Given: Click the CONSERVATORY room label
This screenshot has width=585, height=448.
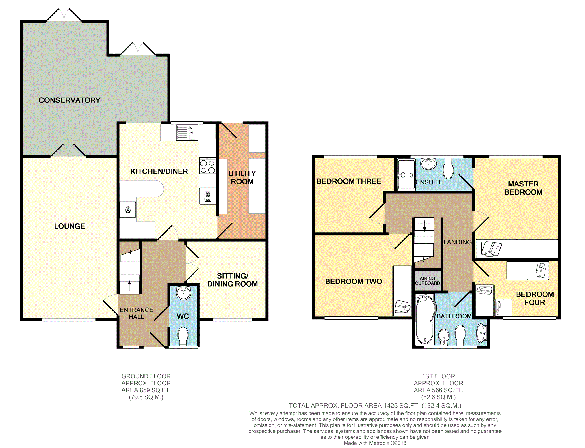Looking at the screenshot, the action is (x=69, y=100).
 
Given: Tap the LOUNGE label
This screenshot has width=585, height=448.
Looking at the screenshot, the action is (x=70, y=226).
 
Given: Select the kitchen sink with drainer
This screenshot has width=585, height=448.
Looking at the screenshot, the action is (x=187, y=133).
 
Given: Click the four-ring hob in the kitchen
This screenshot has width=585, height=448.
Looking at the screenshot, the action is (x=207, y=166).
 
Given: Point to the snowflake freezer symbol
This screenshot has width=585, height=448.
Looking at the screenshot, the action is (x=128, y=210).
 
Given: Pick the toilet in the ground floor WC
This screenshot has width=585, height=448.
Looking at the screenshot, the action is (x=183, y=336).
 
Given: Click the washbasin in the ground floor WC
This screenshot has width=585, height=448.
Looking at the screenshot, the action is (x=183, y=293).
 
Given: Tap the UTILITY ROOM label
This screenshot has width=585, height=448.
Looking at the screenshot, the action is (x=242, y=178).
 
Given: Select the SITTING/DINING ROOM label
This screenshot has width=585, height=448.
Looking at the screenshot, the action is (x=233, y=280).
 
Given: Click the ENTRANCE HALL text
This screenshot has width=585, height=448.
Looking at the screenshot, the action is (x=136, y=313).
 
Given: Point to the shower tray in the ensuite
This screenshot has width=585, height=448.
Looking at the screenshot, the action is (x=406, y=175).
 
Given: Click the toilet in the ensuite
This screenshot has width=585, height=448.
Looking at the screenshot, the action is (x=448, y=169).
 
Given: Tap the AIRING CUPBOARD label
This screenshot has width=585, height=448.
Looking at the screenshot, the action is (x=428, y=281).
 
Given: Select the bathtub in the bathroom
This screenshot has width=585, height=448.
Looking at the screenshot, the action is (x=425, y=320).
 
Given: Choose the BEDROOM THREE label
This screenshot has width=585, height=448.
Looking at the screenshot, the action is (x=349, y=181).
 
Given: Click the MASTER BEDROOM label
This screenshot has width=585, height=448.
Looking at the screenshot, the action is (x=523, y=188).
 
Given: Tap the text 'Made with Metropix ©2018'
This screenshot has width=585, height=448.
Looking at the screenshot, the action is (x=375, y=443).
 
